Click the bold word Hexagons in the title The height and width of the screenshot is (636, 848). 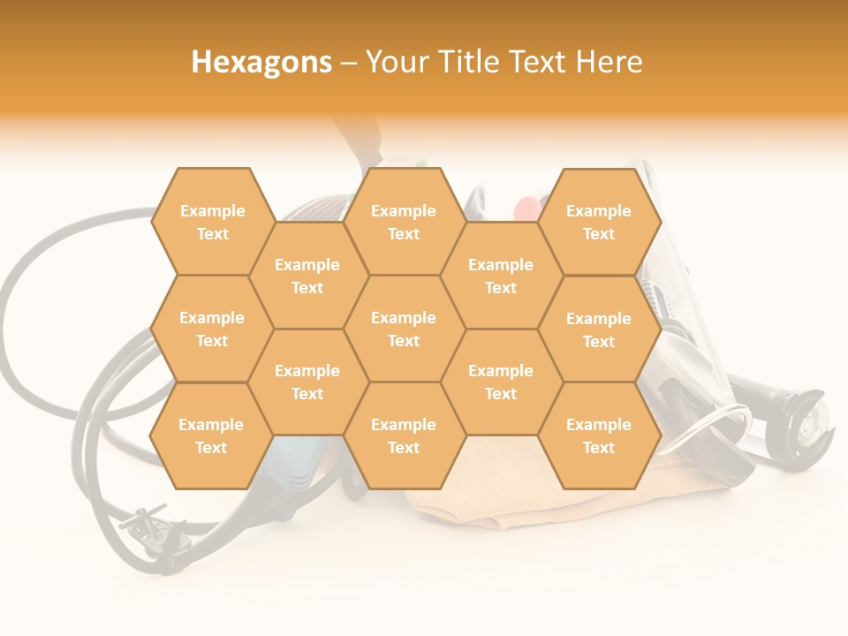tap(261, 62)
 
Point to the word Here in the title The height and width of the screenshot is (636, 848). tap(609, 62)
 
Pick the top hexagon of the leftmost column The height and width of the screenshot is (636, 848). tap(212, 222)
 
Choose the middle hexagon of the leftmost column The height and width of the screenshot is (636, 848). tap(212, 329)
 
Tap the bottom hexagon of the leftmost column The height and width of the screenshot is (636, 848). tap(211, 435)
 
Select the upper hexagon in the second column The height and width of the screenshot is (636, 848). tap(307, 276)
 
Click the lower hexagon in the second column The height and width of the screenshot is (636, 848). tap(307, 382)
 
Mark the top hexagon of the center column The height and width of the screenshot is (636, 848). tap(404, 222)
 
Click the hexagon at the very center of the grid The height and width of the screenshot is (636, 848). tap(404, 329)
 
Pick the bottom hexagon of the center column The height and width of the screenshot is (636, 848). tap(404, 435)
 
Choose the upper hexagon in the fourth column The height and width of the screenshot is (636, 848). tap(501, 276)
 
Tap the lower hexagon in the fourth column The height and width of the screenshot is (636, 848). tap(501, 382)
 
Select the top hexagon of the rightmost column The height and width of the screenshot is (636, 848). tap(599, 222)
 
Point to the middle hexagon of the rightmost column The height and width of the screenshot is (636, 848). tap(599, 329)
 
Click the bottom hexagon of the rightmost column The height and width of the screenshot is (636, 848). tap(599, 435)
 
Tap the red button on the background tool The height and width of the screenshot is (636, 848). tap(526, 209)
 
